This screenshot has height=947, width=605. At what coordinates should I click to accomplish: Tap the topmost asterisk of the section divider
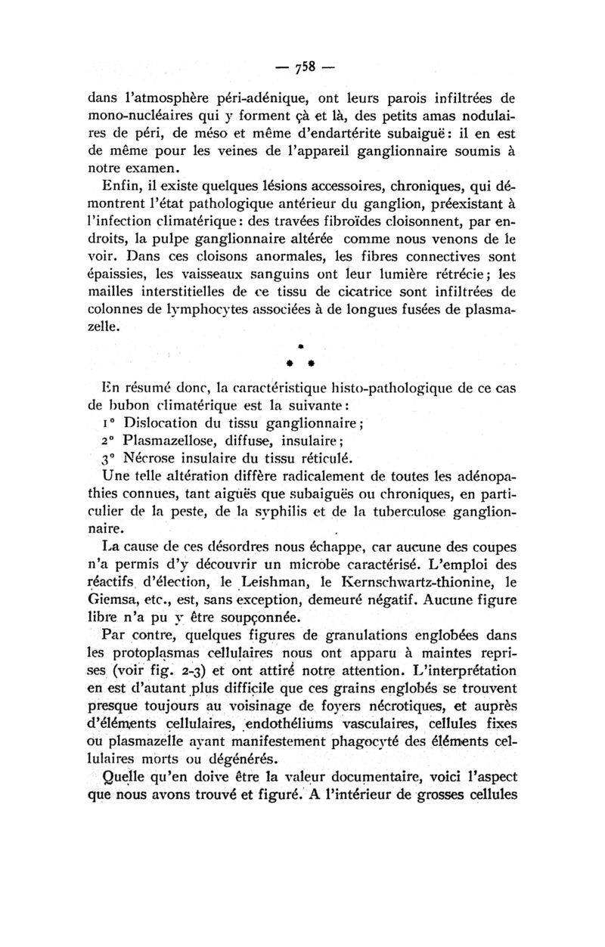click(301, 345)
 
